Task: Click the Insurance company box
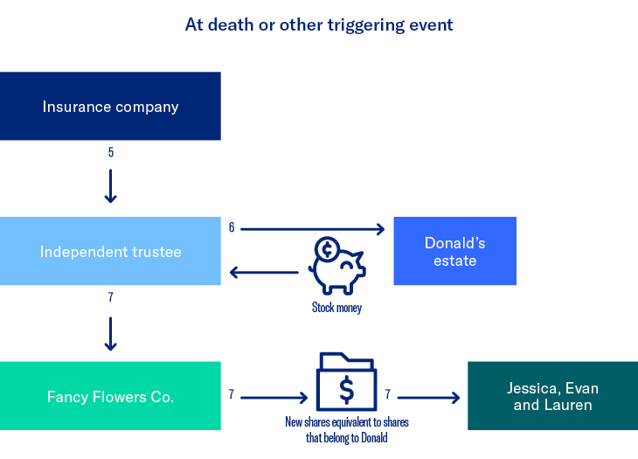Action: [110, 107]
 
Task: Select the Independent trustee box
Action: [110, 252]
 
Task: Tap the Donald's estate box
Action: [454, 251]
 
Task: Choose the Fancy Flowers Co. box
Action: [110, 397]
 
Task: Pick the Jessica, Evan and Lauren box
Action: [552, 396]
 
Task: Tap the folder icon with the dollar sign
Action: [347, 381]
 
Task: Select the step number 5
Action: [111, 153]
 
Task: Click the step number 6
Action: [232, 227]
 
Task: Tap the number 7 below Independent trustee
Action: [111, 298]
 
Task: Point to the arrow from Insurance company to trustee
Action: [111, 186]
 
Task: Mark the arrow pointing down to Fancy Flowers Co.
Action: [111, 332]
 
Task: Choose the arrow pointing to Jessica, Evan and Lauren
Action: [429, 398]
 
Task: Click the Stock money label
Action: [336, 308]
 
